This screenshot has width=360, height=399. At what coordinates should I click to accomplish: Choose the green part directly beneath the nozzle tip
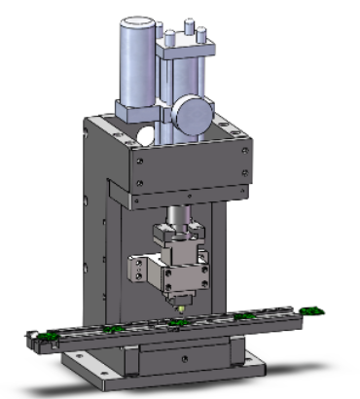[x=177, y=324]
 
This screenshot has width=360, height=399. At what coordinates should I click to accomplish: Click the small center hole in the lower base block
[x=182, y=358]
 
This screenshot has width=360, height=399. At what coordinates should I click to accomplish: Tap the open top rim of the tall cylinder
[x=137, y=23]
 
